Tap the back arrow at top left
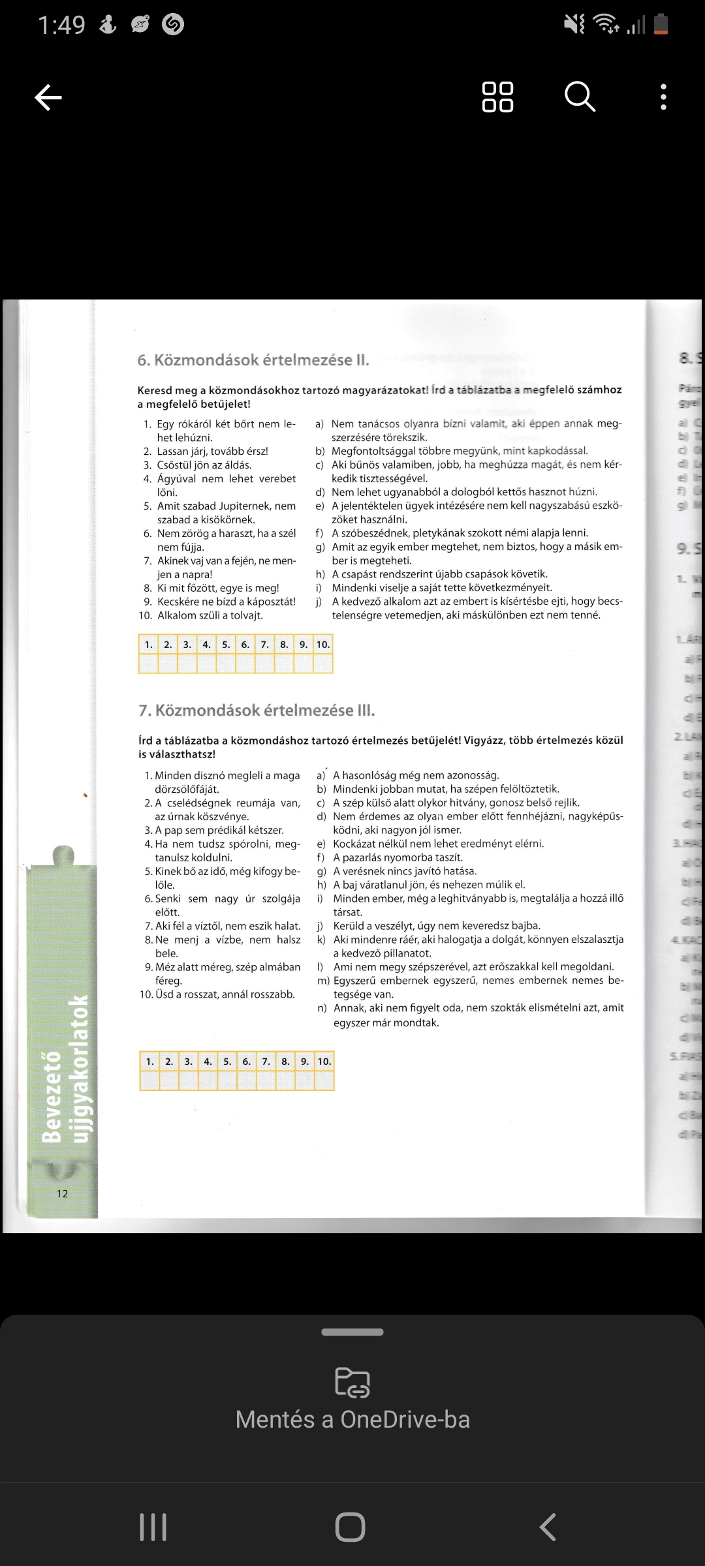48,98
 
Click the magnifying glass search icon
580,97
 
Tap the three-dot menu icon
663,97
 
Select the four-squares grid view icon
497,97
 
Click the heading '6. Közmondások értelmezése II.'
253,360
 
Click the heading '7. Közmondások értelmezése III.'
257,711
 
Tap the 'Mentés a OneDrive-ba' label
352,1419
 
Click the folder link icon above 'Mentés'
352,1382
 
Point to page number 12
63,1193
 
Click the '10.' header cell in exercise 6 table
323,645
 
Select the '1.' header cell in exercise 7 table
149,1062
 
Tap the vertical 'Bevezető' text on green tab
52,1096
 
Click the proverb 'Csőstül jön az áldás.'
204,465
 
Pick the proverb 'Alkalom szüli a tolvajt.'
210,615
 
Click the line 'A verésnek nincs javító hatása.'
405,871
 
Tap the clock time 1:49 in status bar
61,25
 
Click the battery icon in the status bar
661,25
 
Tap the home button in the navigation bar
351,1527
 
